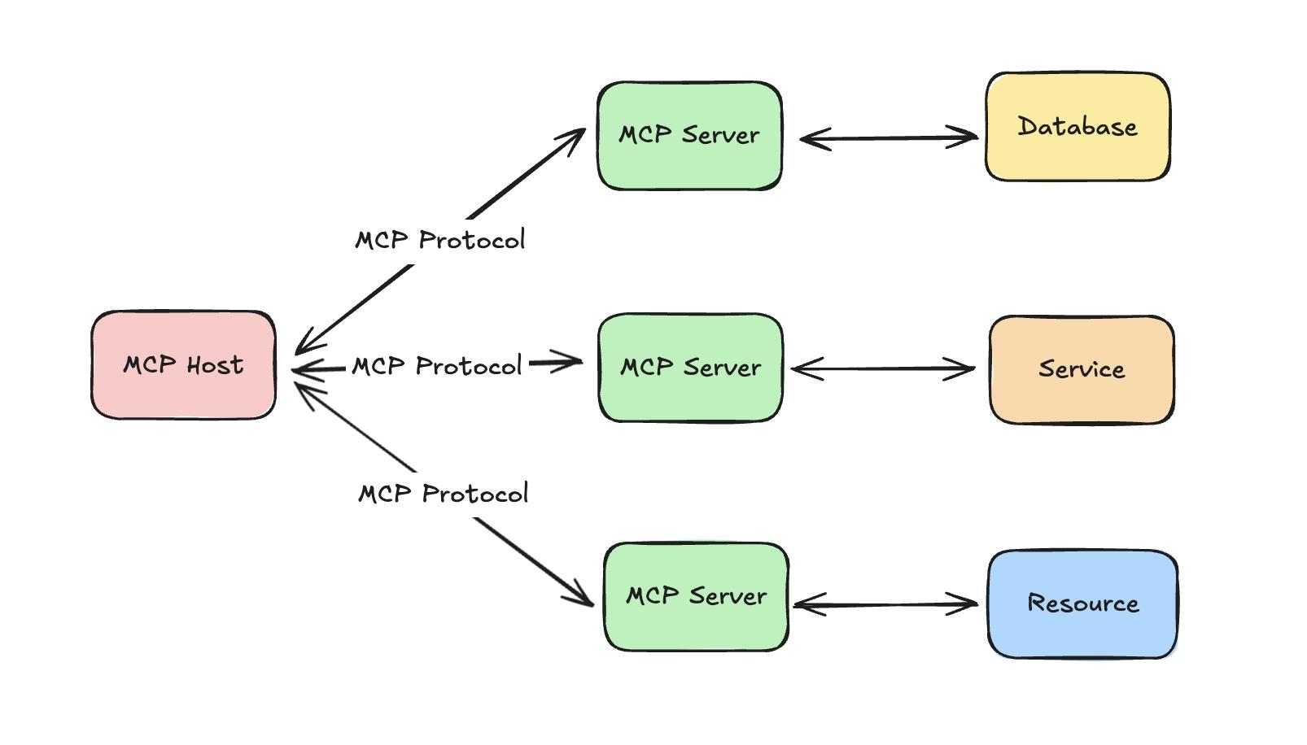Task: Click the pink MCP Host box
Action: [183, 365]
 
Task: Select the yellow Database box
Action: [1078, 127]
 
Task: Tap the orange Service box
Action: [1082, 370]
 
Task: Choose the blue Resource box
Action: [1082, 604]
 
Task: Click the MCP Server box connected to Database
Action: [689, 136]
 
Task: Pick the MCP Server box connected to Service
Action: [690, 368]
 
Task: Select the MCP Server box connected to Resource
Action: [696, 597]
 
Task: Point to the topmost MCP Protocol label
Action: [440, 241]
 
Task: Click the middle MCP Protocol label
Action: [437, 367]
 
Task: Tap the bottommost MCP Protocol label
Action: [444, 494]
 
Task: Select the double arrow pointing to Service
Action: [883, 369]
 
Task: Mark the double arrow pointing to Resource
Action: [885, 604]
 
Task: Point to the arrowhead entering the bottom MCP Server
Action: [582, 595]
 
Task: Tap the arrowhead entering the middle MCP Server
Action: [570, 362]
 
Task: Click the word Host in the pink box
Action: [214, 365]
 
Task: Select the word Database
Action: [1078, 127]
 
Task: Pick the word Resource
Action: [1082, 603]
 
